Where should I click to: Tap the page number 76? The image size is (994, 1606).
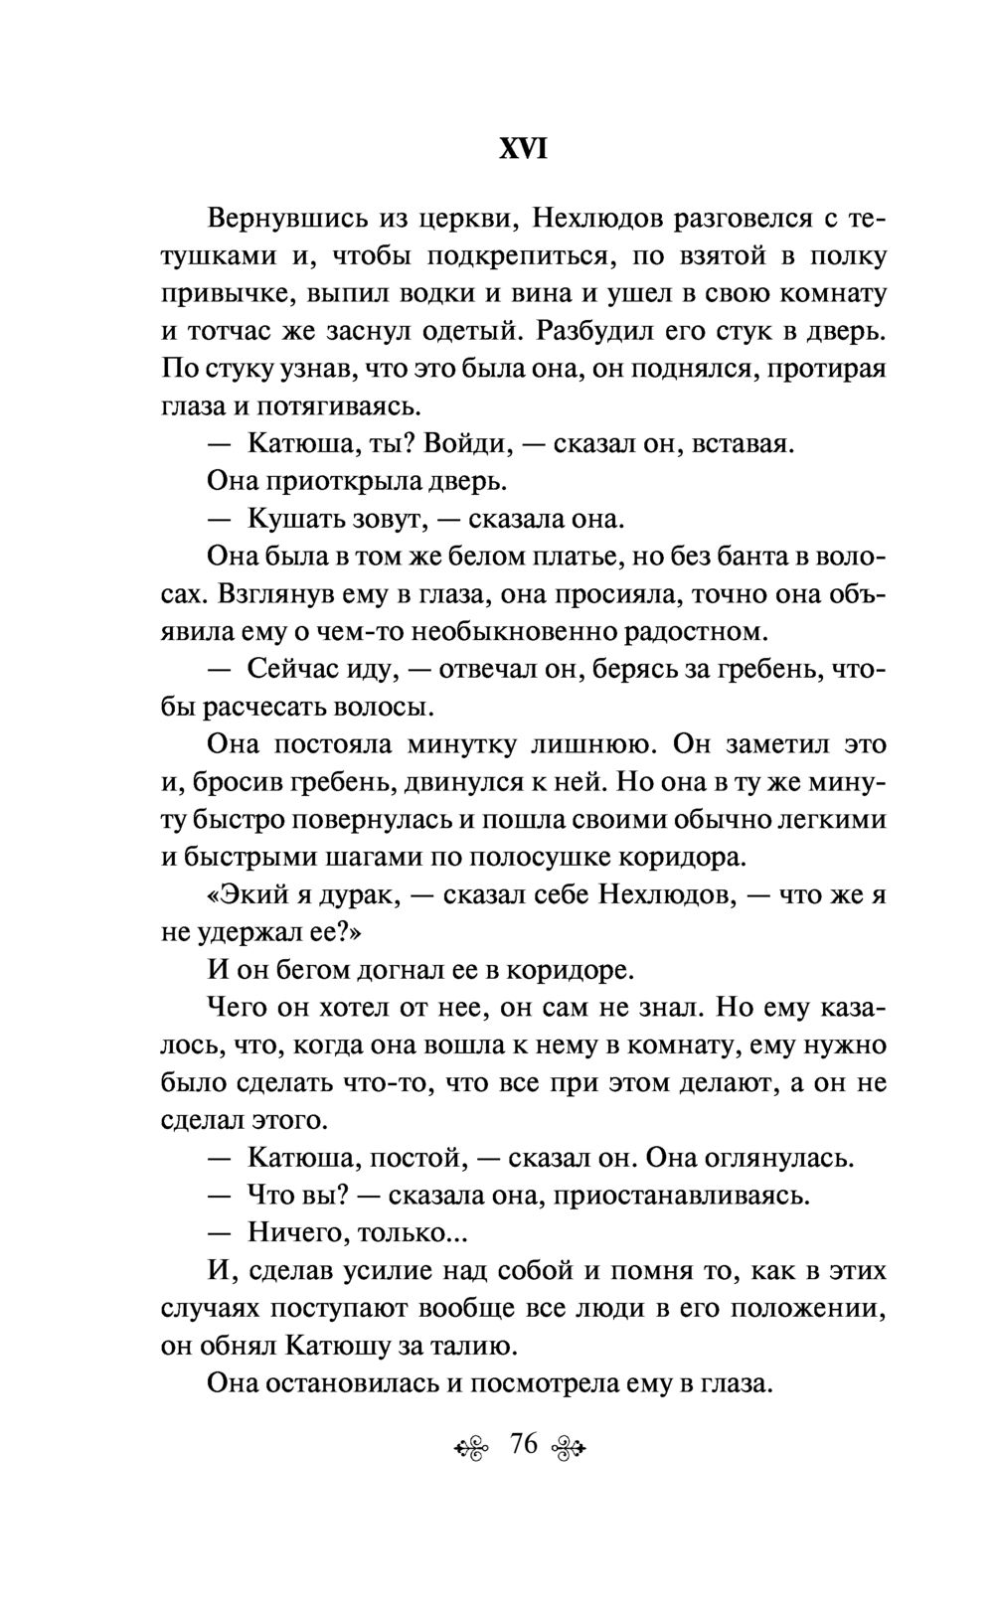pos(523,1444)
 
